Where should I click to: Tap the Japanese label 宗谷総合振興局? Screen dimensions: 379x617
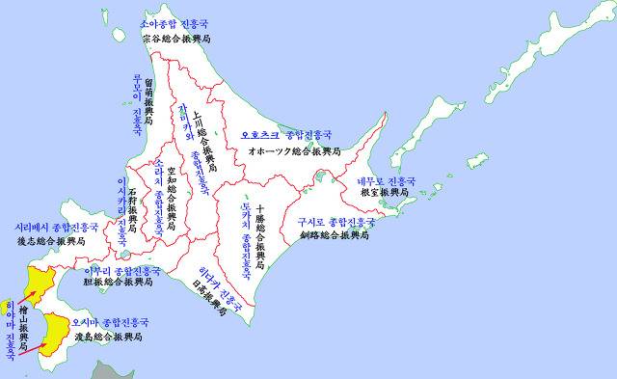(175, 39)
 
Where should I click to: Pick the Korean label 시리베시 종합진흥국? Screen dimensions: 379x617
(53, 228)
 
